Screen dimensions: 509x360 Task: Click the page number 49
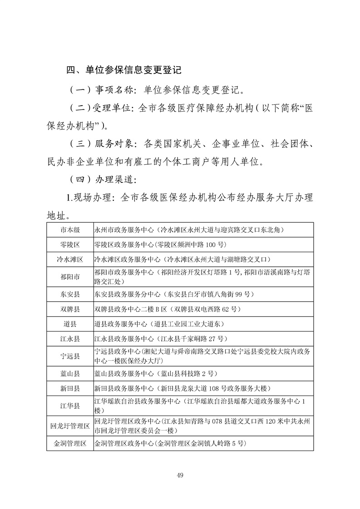point(180,475)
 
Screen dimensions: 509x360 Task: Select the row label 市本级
point(70,230)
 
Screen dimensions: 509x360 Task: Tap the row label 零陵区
point(70,245)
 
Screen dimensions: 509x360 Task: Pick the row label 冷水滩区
point(70,259)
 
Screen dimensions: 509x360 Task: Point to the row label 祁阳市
point(70,277)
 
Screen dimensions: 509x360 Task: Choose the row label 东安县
point(70,294)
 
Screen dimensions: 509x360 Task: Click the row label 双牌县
point(70,309)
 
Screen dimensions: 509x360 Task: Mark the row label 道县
point(70,324)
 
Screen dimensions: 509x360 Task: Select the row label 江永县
point(70,339)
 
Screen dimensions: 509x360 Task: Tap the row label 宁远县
point(70,357)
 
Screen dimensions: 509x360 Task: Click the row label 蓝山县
point(70,374)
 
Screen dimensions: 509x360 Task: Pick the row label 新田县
point(70,389)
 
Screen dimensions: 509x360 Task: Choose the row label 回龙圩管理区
point(70,426)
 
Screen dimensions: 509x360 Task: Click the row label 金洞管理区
point(70,443)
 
